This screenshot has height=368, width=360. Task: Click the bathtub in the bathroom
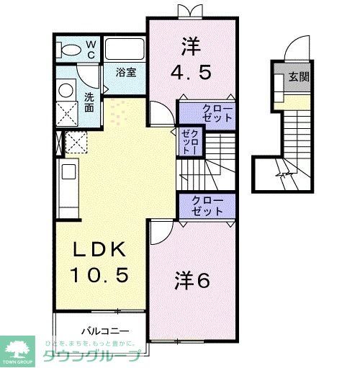tap(125, 50)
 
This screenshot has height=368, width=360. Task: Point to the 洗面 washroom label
tap(89, 102)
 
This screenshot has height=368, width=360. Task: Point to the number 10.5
tap(101, 274)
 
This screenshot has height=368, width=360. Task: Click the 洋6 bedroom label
tap(193, 281)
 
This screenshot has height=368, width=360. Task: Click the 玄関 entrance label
tap(299, 77)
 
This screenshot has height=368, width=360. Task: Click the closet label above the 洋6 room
tap(207, 205)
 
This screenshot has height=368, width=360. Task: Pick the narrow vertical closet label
tap(188, 142)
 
